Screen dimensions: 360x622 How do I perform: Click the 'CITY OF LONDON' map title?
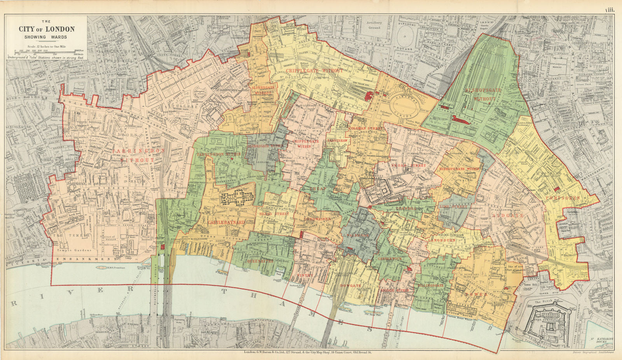pos(47,29)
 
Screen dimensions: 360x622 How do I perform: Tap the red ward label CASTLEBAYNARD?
pos(226,222)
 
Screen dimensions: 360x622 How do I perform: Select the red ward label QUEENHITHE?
pos(258,261)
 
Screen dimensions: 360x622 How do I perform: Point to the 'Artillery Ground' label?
pos(374,25)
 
